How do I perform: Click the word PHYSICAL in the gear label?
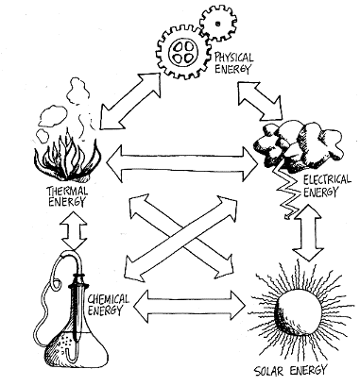tap(233, 58)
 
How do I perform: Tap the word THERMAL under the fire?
tap(67, 191)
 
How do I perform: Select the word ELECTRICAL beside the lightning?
tap(327, 180)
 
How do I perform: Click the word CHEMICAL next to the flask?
tap(108, 299)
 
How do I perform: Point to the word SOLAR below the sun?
tap(270, 371)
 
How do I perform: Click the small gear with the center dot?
tap(218, 23)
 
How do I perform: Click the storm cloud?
tap(298, 143)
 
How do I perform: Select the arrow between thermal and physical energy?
tap(130, 101)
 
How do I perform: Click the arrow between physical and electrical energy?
tap(260, 101)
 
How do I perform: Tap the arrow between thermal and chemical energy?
tap(74, 231)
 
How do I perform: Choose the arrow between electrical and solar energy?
tap(308, 232)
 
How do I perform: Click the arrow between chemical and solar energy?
tap(190, 305)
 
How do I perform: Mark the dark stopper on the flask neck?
tap(77, 281)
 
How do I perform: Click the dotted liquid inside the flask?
tap(64, 343)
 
